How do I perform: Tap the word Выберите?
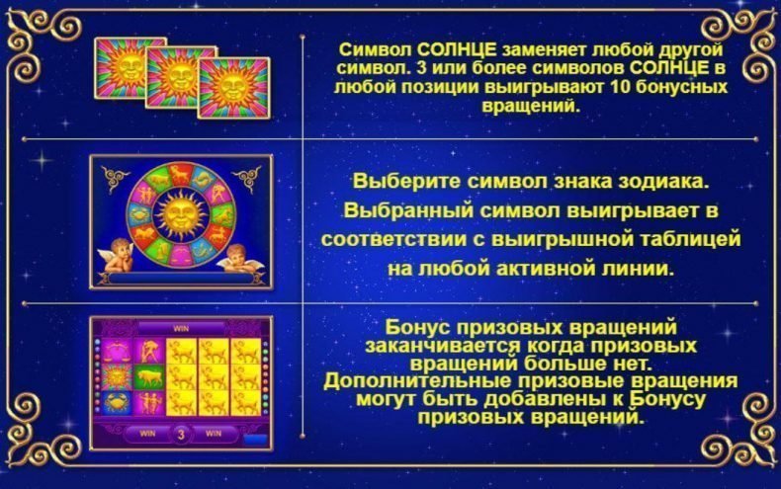[x=395, y=182]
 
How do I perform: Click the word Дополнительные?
[x=406, y=379]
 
